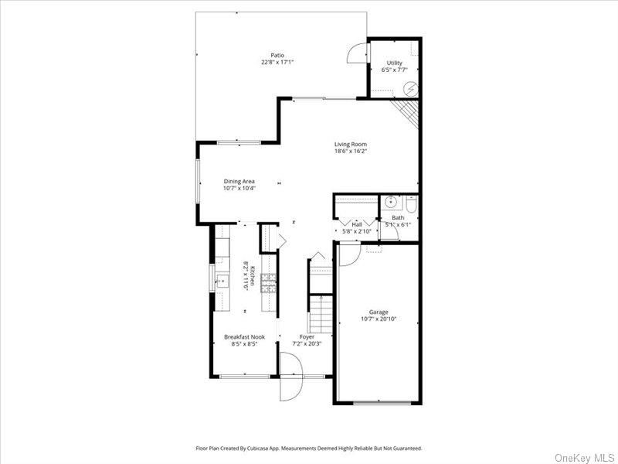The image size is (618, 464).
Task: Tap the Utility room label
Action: point(394,63)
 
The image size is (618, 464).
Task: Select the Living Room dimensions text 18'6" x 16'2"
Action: point(350,152)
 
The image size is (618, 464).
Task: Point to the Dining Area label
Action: point(239,181)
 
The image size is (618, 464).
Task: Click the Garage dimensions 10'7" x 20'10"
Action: point(378,319)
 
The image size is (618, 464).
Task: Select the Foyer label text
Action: point(307,336)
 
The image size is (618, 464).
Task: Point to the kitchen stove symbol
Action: point(269,284)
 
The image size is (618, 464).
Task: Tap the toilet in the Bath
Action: point(410,204)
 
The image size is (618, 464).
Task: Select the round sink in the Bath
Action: point(392,203)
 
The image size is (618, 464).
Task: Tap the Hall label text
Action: point(357,224)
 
